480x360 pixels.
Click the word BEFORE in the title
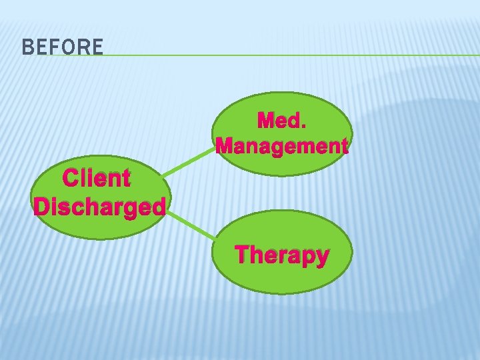(62, 47)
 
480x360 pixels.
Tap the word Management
(282, 145)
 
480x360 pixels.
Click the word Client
(96, 179)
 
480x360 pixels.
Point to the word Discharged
(99, 207)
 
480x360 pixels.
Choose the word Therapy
(282, 255)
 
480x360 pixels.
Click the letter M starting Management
(227, 145)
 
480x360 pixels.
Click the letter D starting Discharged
(42, 207)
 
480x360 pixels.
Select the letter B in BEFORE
(27, 47)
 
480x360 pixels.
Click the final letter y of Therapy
(321, 257)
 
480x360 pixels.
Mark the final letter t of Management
(343, 146)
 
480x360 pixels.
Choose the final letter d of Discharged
(157, 207)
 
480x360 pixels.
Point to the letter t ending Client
(125, 179)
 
